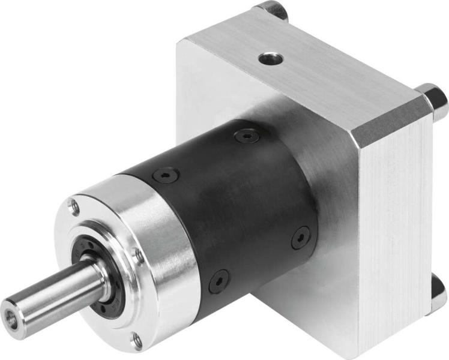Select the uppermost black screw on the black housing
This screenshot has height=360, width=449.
point(247,137)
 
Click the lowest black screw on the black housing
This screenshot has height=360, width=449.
point(220,280)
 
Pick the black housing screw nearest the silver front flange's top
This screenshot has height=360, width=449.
point(166,175)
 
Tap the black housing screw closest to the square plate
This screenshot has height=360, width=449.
point(301,237)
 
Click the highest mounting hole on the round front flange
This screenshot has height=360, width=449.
point(74,208)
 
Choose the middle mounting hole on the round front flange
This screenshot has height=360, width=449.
point(139,257)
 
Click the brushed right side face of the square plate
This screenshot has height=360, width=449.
point(396,228)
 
